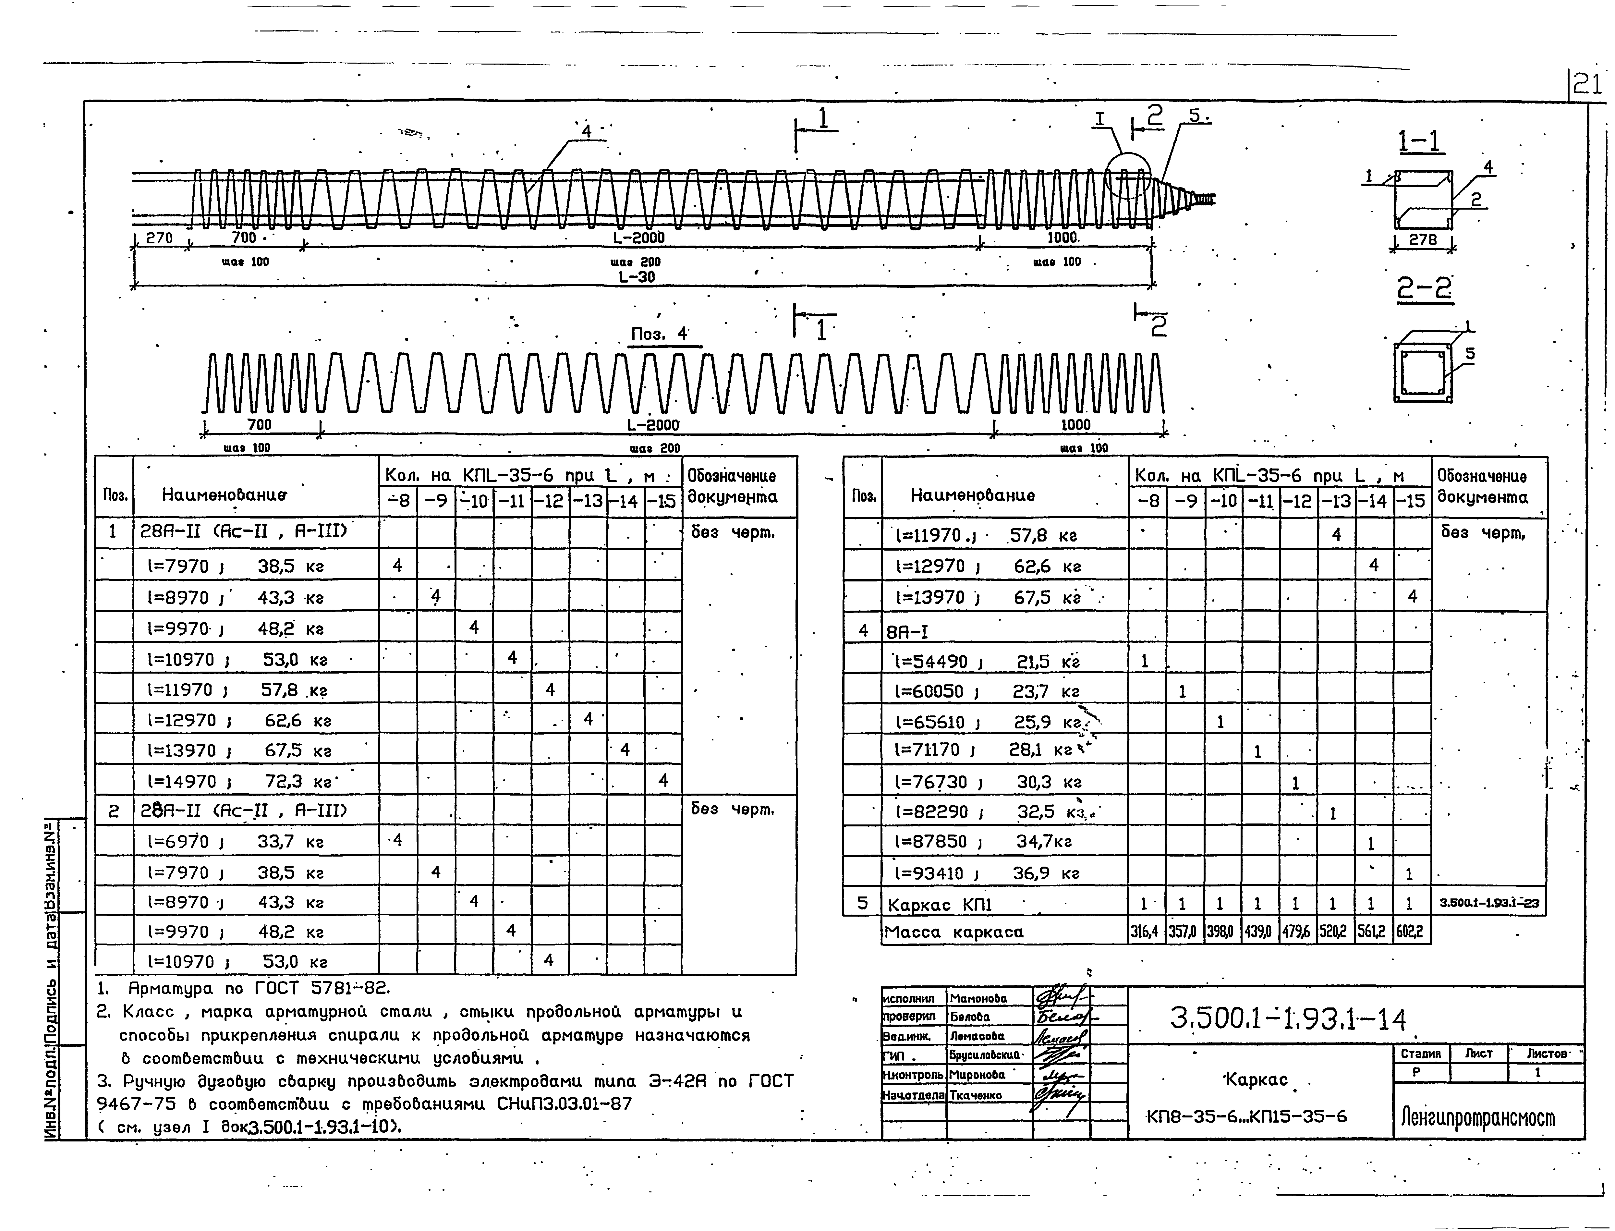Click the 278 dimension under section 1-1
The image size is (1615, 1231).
[x=1423, y=239]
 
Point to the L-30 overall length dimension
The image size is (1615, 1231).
[x=637, y=277]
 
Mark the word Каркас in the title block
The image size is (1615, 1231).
[x=1256, y=1079]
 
